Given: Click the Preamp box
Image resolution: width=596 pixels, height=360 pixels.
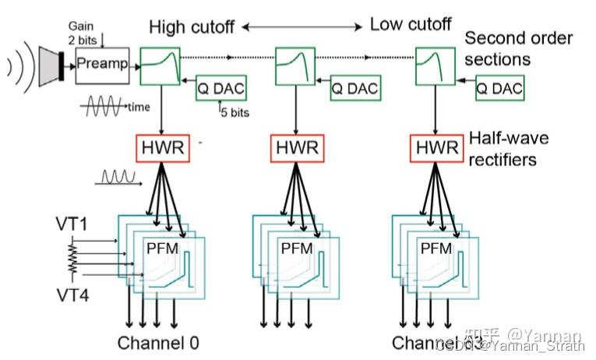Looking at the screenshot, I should (102, 64).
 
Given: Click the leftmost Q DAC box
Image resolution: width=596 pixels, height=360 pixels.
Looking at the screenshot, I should (220, 89).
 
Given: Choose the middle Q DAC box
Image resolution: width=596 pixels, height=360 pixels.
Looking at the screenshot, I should (354, 89).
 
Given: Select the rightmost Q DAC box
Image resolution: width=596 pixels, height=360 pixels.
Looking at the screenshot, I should (499, 89).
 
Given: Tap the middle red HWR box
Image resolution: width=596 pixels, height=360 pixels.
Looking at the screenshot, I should (296, 146).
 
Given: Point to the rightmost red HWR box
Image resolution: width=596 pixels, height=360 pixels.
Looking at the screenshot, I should (434, 146).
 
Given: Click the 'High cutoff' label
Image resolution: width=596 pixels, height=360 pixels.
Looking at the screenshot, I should (192, 27).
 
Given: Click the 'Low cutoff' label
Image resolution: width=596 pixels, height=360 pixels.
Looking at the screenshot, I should (410, 25).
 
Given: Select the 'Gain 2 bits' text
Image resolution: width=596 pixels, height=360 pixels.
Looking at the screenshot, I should (85, 32).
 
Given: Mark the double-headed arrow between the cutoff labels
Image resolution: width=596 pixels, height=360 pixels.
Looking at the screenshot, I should (302, 27).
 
